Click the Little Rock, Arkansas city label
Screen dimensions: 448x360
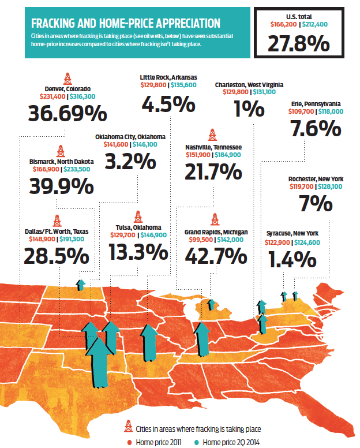point(168,77)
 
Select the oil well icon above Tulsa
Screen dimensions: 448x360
point(137,216)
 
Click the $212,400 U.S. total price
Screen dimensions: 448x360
point(316,24)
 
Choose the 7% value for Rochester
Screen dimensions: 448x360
point(316,203)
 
